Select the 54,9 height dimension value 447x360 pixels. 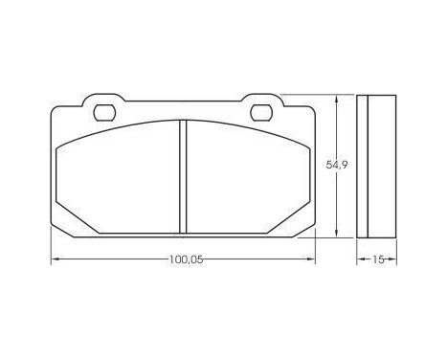(x=336, y=164)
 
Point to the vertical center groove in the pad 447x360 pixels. (x=181, y=177)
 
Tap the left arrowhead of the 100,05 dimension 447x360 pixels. (x=54, y=259)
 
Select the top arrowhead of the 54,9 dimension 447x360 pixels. (x=337, y=98)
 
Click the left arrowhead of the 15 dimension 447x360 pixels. (x=360, y=259)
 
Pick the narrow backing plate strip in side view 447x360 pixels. (x=363, y=169)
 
